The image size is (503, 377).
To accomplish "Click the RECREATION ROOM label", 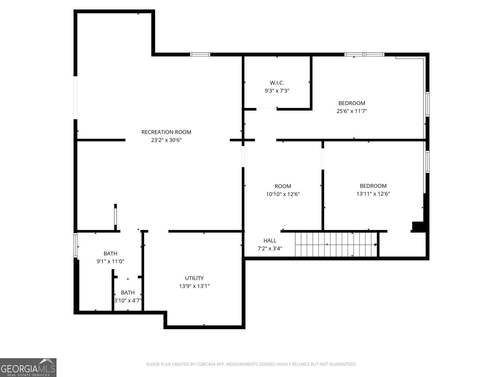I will tap(166, 132).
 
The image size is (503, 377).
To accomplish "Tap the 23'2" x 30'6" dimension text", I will tap(166, 140).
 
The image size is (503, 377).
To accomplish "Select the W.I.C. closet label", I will tap(277, 83).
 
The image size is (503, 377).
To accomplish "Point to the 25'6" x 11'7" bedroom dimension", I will tap(352, 111).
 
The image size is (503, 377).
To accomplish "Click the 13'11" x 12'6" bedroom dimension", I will tap(373, 194).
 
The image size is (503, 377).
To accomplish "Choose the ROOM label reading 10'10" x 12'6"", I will tap(283, 186).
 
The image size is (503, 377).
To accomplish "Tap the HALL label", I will tap(270, 241).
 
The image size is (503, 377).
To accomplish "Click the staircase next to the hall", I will tap(335, 244).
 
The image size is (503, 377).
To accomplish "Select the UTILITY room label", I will tap(194, 278).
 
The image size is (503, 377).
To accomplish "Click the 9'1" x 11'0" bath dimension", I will tap(110, 261).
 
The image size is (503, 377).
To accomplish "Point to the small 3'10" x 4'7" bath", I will tap(128, 297).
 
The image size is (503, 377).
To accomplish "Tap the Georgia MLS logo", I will tap(28, 368).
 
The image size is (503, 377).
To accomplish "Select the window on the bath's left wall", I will tap(75, 245).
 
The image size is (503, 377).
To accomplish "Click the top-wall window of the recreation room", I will tap(200, 55).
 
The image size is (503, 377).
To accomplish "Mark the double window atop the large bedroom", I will tap(364, 55).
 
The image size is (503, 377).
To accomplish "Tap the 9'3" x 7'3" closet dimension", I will tap(277, 91).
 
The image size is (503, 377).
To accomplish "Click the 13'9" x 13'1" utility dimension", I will tap(194, 286).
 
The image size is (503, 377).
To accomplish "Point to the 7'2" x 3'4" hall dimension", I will tap(270, 249).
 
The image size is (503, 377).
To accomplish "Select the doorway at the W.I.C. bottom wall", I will tap(266, 109).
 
